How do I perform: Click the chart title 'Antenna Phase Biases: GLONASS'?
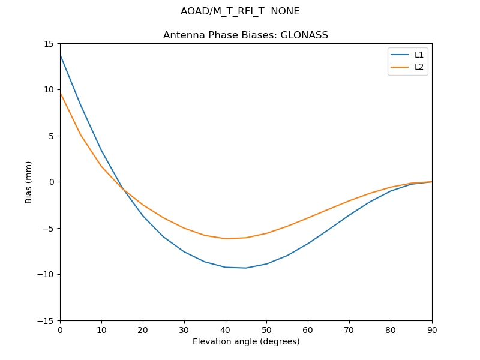[x=245, y=35]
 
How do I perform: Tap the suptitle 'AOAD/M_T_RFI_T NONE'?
[x=240, y=11]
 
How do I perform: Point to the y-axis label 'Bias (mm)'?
[x=29, y=182]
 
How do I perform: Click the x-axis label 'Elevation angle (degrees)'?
[x=246, y=341]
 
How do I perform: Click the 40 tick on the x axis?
[x=225, y=329]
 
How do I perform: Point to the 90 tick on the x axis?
[x=432, y=329]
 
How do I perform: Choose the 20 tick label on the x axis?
[x=143, y=329]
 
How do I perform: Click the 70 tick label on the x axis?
[x=349, y=329]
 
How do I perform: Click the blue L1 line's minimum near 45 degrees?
[x=246, y=268]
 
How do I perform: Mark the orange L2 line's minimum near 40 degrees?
[x=225, y=239]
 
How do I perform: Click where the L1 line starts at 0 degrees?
[x=61, y=55]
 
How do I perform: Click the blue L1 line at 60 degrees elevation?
[x=308, y=244]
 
